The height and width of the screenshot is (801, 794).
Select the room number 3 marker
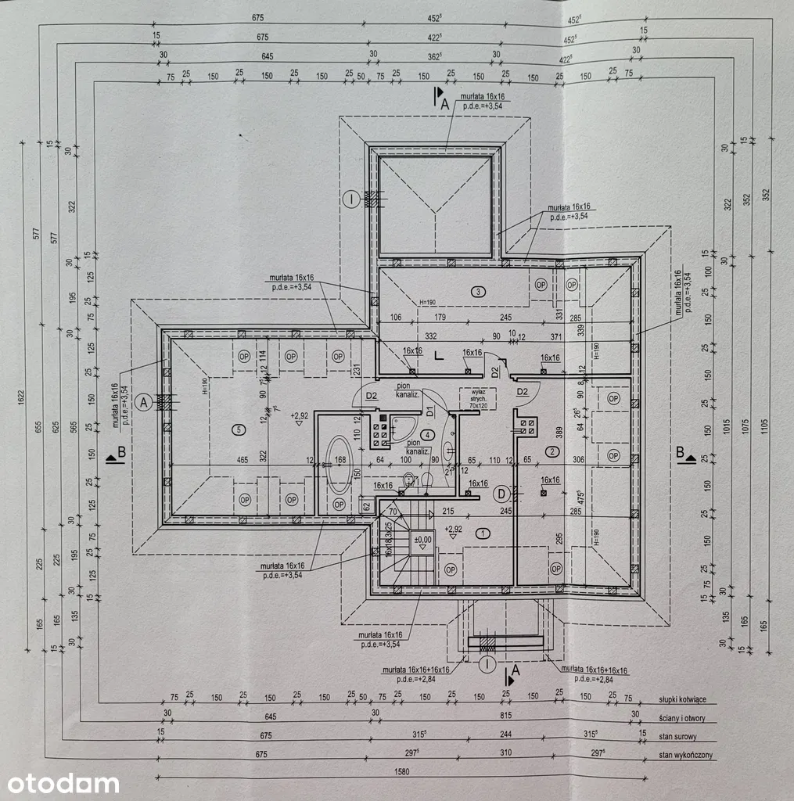pyautogui.click(x=478, y=292)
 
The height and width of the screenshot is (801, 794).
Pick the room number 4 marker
pyautogui.click(x=427, y=435)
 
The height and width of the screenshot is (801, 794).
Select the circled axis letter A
pyautogui.click(x=142, y=402)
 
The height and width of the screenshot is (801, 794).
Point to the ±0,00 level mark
pyautogui.click(x=422, y=539)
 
